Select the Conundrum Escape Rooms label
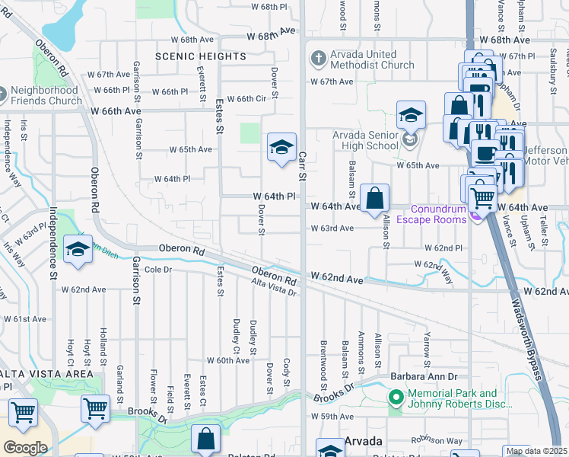(x=438, y=215)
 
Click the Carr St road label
(x=302, y=166)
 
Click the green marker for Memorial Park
(x=395, y=398)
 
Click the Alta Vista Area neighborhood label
(x=46, y=373)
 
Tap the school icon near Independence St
(x=78, y=250)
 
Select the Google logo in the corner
(x=24, y=447)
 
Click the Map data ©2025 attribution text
(x=536, y=451)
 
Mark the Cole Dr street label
(x=159, y=270)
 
